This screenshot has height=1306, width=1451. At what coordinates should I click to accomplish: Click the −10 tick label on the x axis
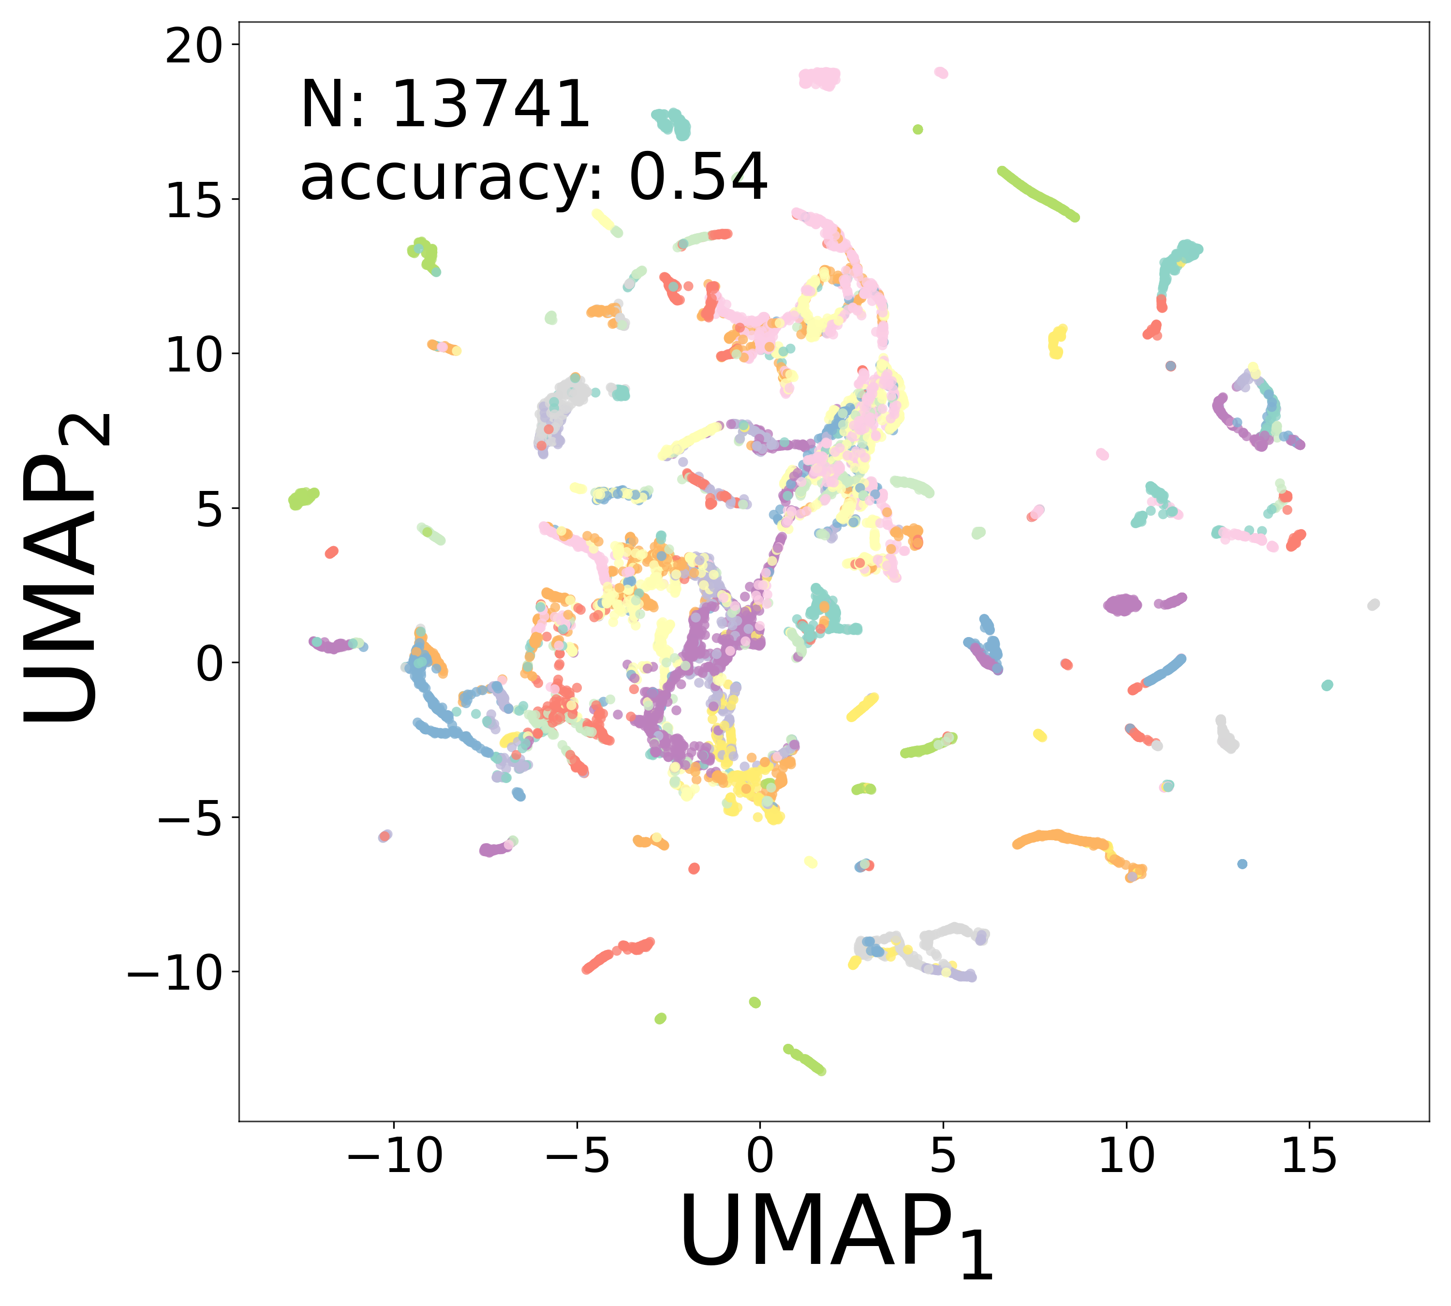[x=394, y=1156]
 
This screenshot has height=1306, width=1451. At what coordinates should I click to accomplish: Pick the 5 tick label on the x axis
[x=943, y=1156]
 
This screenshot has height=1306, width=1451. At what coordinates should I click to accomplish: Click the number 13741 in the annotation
[x=491, y=105]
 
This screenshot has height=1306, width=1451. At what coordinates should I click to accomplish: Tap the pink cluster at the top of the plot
[x=819, y=77]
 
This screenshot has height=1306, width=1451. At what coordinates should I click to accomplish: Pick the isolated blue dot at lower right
[x=1242, y=864]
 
